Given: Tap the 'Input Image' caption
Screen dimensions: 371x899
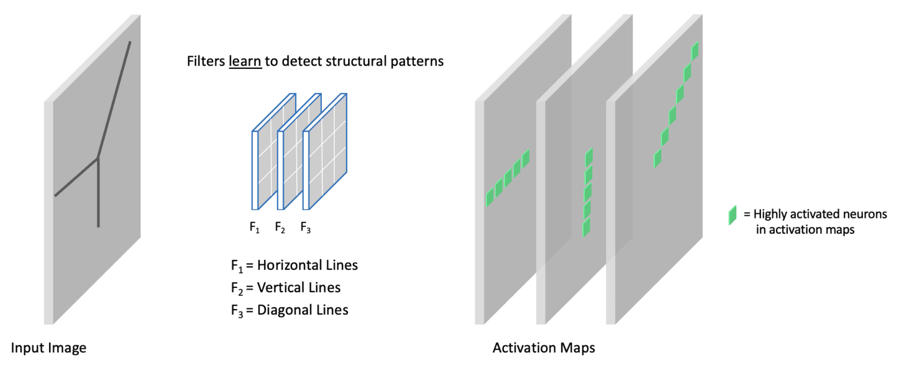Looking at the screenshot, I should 49,349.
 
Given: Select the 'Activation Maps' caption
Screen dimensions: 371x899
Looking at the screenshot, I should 544,349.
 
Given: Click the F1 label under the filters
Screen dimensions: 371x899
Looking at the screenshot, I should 254,228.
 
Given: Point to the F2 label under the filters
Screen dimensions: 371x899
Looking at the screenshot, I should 280,228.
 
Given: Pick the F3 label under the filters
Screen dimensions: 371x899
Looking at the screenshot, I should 306,228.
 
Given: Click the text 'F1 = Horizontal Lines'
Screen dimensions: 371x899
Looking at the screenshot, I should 294,265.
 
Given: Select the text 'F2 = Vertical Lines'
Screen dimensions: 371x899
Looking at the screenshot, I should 286,287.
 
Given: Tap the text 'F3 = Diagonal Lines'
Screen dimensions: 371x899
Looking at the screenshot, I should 289,310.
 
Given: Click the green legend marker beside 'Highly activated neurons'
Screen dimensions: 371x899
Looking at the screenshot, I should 732,216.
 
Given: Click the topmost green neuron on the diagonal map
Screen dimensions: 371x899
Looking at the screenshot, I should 695,51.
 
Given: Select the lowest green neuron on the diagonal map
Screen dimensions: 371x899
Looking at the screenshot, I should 658,158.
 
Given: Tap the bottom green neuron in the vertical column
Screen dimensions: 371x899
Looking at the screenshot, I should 586,227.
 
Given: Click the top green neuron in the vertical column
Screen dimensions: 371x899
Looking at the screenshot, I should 589,157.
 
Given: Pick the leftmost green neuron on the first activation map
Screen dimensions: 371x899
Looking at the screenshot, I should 490,197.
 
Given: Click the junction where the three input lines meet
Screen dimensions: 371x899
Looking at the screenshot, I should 98,158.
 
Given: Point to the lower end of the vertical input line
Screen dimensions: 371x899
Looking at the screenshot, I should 98,226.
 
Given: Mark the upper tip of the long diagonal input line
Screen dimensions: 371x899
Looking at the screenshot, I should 130,42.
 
